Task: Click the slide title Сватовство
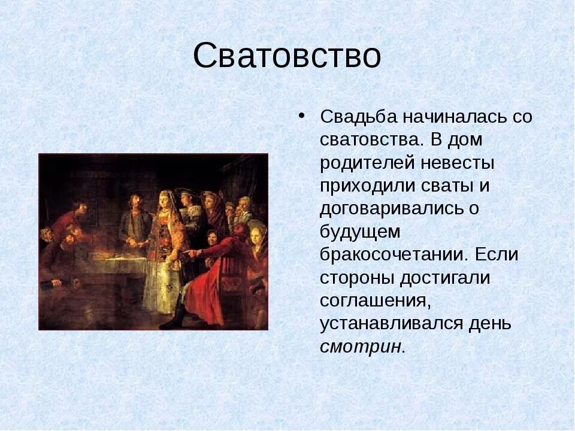click(x=287, y=56)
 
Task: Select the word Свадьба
click(x=359, y=117)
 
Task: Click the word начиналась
click(x=452, y=117)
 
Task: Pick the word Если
click(x=497, y=254)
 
